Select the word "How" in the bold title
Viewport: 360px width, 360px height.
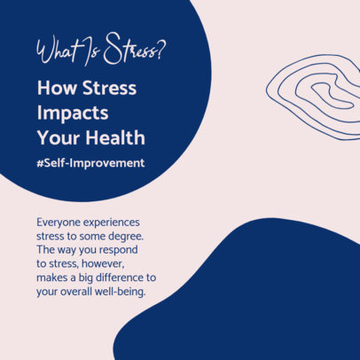(x=55, y=89)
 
